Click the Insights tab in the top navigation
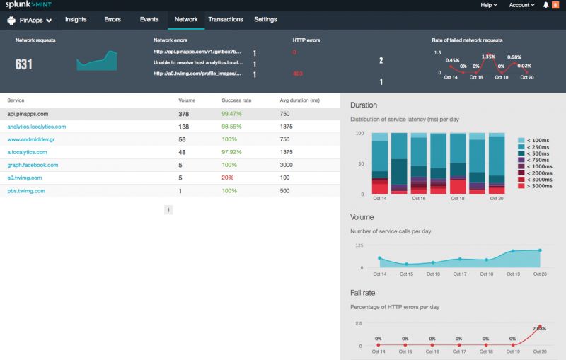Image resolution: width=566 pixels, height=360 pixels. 76,20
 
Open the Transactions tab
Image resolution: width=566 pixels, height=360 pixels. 226,20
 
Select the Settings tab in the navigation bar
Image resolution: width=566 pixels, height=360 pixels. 265,20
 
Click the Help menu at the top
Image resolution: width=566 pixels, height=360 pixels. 487,5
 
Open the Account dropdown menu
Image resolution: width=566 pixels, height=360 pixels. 521,5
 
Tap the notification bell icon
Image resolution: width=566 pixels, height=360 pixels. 545,5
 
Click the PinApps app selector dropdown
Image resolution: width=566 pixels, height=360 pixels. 29,20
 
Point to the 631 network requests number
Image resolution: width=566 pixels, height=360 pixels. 25,65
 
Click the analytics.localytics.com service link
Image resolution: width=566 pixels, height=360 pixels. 37,127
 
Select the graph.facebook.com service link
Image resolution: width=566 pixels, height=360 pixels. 33,165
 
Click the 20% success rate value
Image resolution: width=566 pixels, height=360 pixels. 227,178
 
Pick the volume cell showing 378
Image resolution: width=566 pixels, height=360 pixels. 184,114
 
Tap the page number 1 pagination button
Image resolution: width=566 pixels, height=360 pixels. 168,210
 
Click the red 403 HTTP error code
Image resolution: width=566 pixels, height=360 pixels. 298,74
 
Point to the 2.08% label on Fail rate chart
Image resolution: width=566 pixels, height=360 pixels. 541,327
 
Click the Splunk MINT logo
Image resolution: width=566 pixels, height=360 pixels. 29,5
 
